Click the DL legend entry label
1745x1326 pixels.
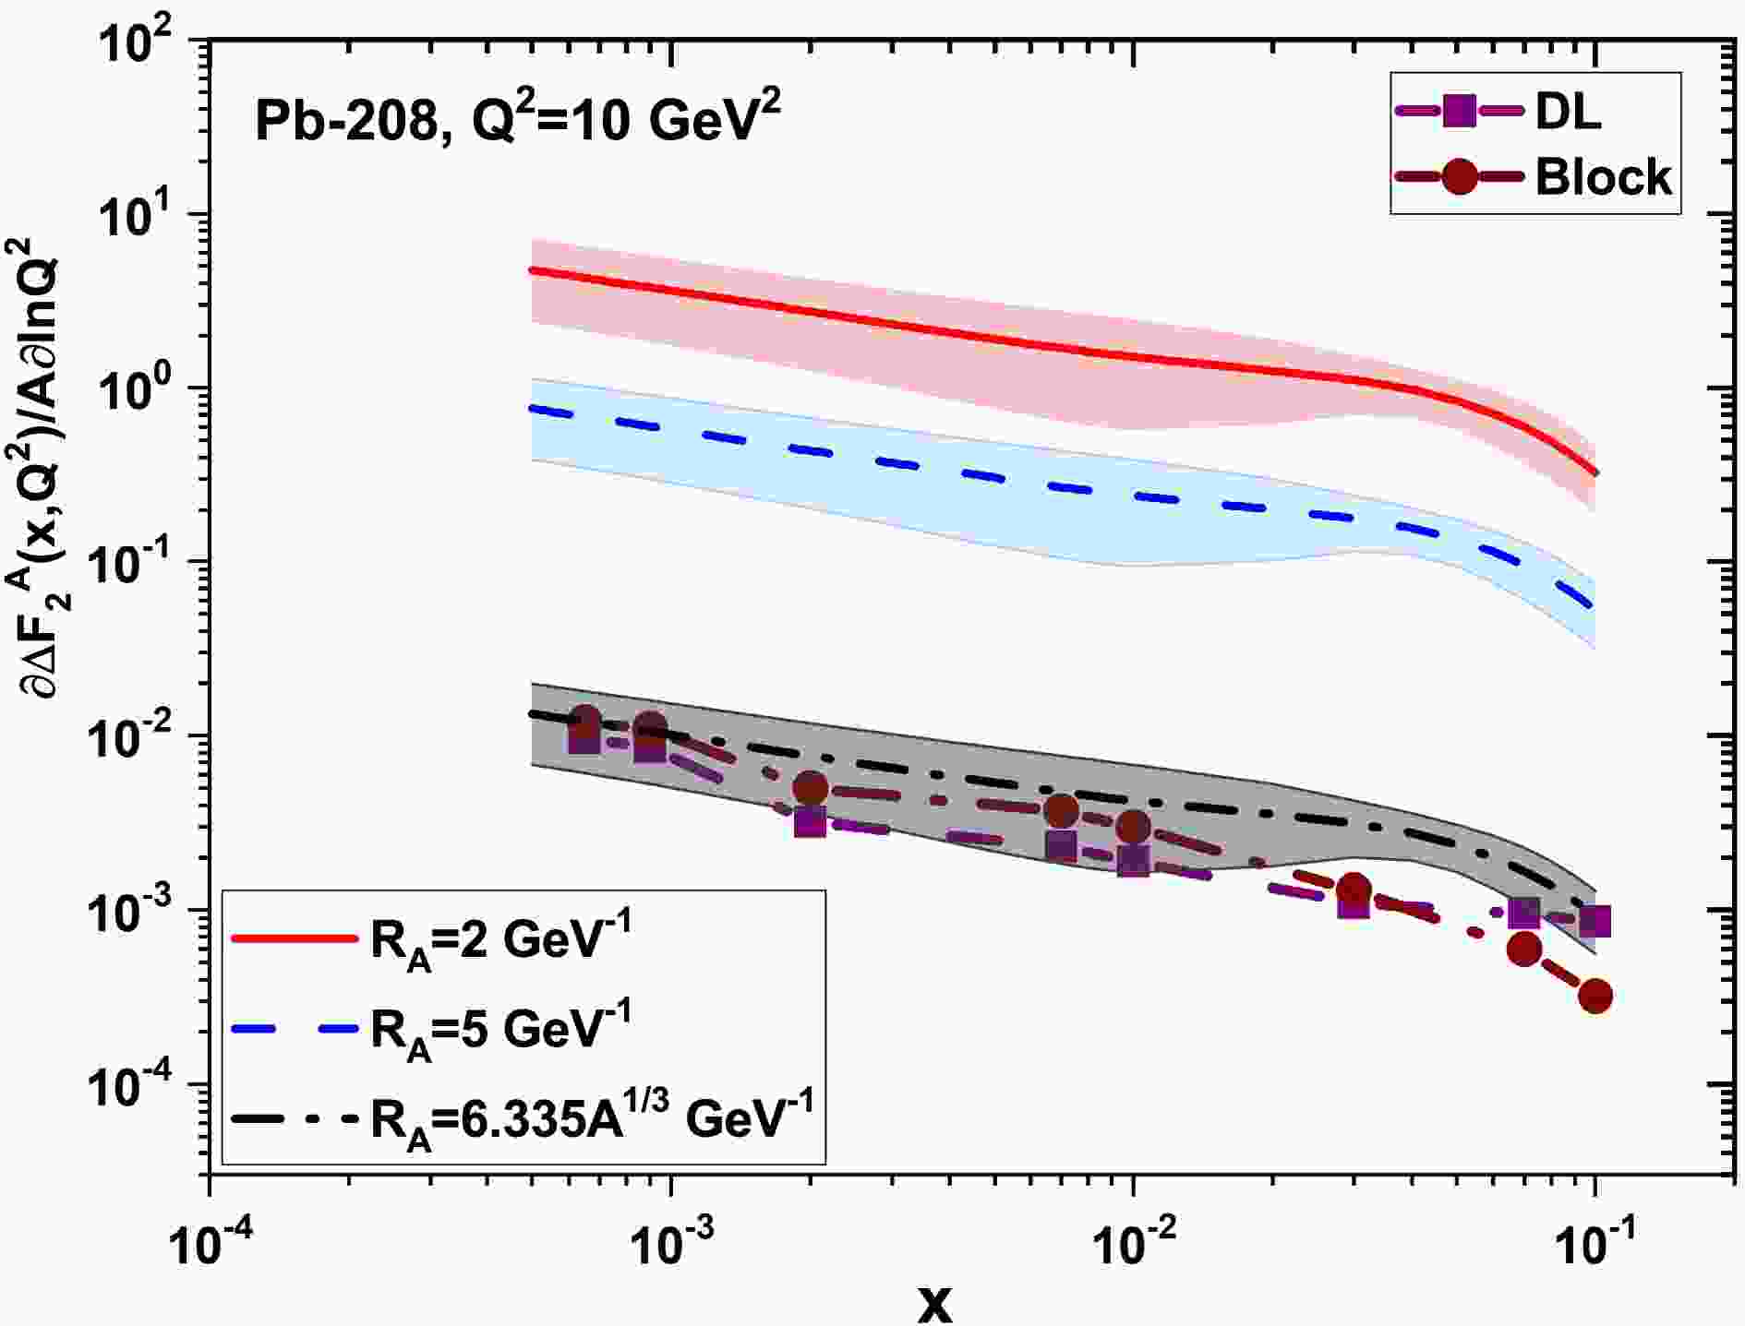click(1569, 113)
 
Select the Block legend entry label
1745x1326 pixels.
click(1604, 176)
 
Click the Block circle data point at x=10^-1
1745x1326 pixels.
click(1596, 996)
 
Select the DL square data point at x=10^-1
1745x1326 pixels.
click(1595, 920)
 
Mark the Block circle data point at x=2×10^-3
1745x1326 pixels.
click(811, 788)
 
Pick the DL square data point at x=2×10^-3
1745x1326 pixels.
click(810, 820)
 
